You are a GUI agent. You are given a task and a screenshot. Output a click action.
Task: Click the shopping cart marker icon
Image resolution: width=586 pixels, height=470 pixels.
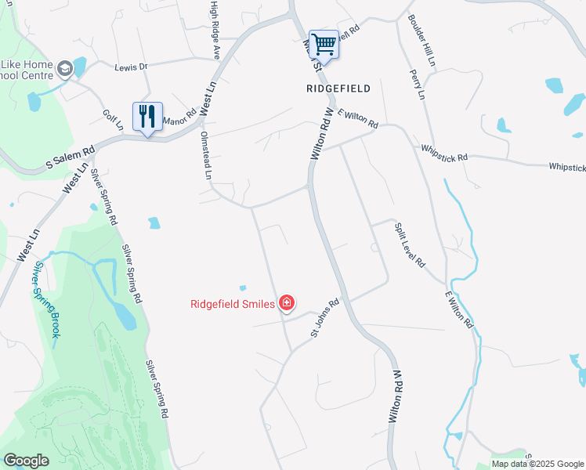coord(324,44)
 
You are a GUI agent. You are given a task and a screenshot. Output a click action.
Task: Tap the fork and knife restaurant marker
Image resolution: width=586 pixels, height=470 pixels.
coord(147,117)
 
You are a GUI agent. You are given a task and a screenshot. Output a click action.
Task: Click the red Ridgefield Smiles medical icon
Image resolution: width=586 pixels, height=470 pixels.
coord(287,302)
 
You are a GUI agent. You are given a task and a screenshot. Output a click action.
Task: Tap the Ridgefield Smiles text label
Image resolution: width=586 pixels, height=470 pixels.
coord(233,303)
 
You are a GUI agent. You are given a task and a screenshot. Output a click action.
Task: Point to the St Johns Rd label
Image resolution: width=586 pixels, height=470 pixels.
coord(324,318)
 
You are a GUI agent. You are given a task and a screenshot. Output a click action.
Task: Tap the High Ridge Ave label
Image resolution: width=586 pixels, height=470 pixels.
coord(214,29)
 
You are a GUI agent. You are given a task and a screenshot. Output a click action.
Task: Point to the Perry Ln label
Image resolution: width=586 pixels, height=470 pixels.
coord(416,84)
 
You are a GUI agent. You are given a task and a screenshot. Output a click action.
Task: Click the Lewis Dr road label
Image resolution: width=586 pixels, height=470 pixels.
coord(131,67)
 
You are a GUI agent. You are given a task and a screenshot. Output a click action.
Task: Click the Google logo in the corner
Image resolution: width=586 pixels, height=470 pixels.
coord(26,461)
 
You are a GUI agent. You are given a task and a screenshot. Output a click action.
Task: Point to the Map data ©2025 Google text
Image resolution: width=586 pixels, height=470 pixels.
coord(537,464)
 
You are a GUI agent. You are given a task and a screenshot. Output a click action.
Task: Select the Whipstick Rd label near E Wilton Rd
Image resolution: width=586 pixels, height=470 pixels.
coord(443,153)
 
